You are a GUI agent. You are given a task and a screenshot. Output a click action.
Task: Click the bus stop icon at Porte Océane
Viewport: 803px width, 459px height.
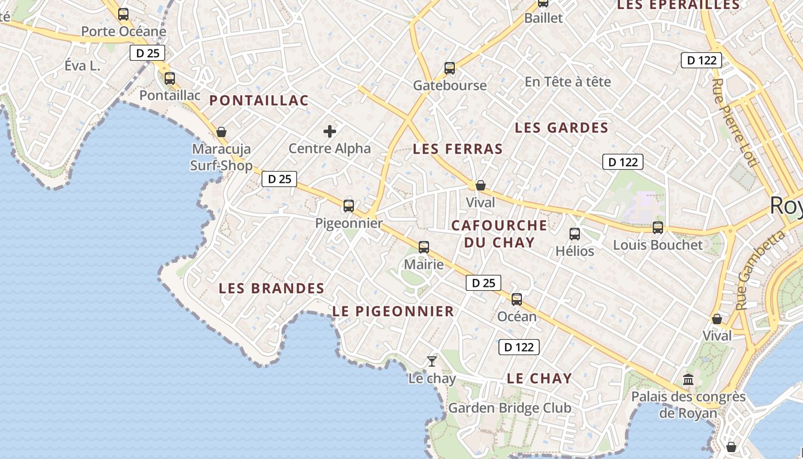[123, 14]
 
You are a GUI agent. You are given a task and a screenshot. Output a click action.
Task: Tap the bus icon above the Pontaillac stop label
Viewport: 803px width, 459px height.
[170, 79]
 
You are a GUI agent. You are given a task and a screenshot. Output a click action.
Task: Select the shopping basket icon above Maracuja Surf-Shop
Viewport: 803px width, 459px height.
[221, 133]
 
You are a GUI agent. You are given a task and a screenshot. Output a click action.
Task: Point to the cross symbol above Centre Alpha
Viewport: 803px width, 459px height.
[330, 132]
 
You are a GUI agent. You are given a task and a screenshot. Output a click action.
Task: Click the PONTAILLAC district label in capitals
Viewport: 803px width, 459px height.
[259, 101]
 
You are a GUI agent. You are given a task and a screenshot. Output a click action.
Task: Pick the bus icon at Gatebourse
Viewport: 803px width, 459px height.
[450, 68]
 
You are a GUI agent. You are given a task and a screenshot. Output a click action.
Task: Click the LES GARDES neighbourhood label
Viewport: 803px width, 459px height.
[561, 128]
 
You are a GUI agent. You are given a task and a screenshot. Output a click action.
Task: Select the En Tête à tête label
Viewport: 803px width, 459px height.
[568, 82]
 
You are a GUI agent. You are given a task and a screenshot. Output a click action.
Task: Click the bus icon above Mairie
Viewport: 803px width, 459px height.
[424, 247]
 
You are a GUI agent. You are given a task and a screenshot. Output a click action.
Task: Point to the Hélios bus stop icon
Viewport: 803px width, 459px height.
[575, 234]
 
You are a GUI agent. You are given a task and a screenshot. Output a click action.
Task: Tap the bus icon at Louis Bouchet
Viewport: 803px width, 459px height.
[658, 228]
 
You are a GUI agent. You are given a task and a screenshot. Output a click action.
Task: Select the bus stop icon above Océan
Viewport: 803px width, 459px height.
[517, 299]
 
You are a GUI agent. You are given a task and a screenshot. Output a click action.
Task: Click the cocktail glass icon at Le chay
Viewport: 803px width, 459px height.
[432, 361]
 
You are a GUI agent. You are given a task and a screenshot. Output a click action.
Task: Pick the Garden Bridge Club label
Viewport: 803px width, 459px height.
[509, 408]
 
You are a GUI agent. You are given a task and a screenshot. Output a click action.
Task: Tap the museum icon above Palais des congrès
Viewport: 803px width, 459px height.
[688, 379]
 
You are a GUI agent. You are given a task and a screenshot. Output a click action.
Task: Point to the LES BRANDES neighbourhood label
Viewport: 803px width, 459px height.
[271, 289]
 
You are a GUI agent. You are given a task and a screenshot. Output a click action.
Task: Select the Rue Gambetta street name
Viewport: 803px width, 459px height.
[761, 269]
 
